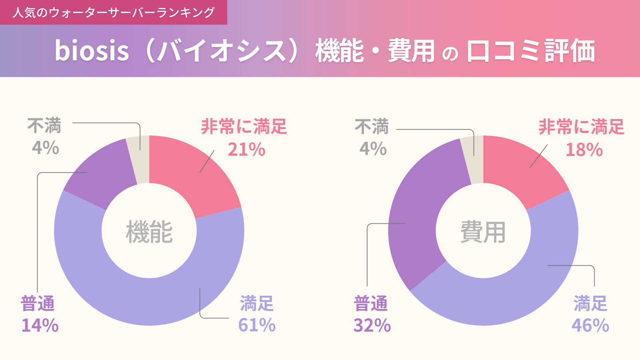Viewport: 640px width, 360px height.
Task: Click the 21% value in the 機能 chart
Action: (246, 149)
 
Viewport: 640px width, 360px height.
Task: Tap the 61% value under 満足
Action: (257, 325)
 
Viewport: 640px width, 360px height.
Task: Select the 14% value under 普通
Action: (40, 325)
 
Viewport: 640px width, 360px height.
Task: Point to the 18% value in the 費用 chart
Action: (584, 150)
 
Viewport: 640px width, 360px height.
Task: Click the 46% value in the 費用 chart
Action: (590, 325)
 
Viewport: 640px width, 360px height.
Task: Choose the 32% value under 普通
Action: (372, 325)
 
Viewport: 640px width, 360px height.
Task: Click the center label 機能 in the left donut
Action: (149, 232)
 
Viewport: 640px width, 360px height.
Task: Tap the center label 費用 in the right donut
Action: (483, 232)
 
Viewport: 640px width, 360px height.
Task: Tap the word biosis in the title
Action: (92, 51)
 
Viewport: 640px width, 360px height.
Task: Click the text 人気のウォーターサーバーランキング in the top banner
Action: (113, 13)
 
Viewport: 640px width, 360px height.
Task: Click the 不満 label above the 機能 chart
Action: (44, 126)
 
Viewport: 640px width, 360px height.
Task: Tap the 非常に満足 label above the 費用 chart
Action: (581, 127)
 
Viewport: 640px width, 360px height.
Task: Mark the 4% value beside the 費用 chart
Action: (373, 149)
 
